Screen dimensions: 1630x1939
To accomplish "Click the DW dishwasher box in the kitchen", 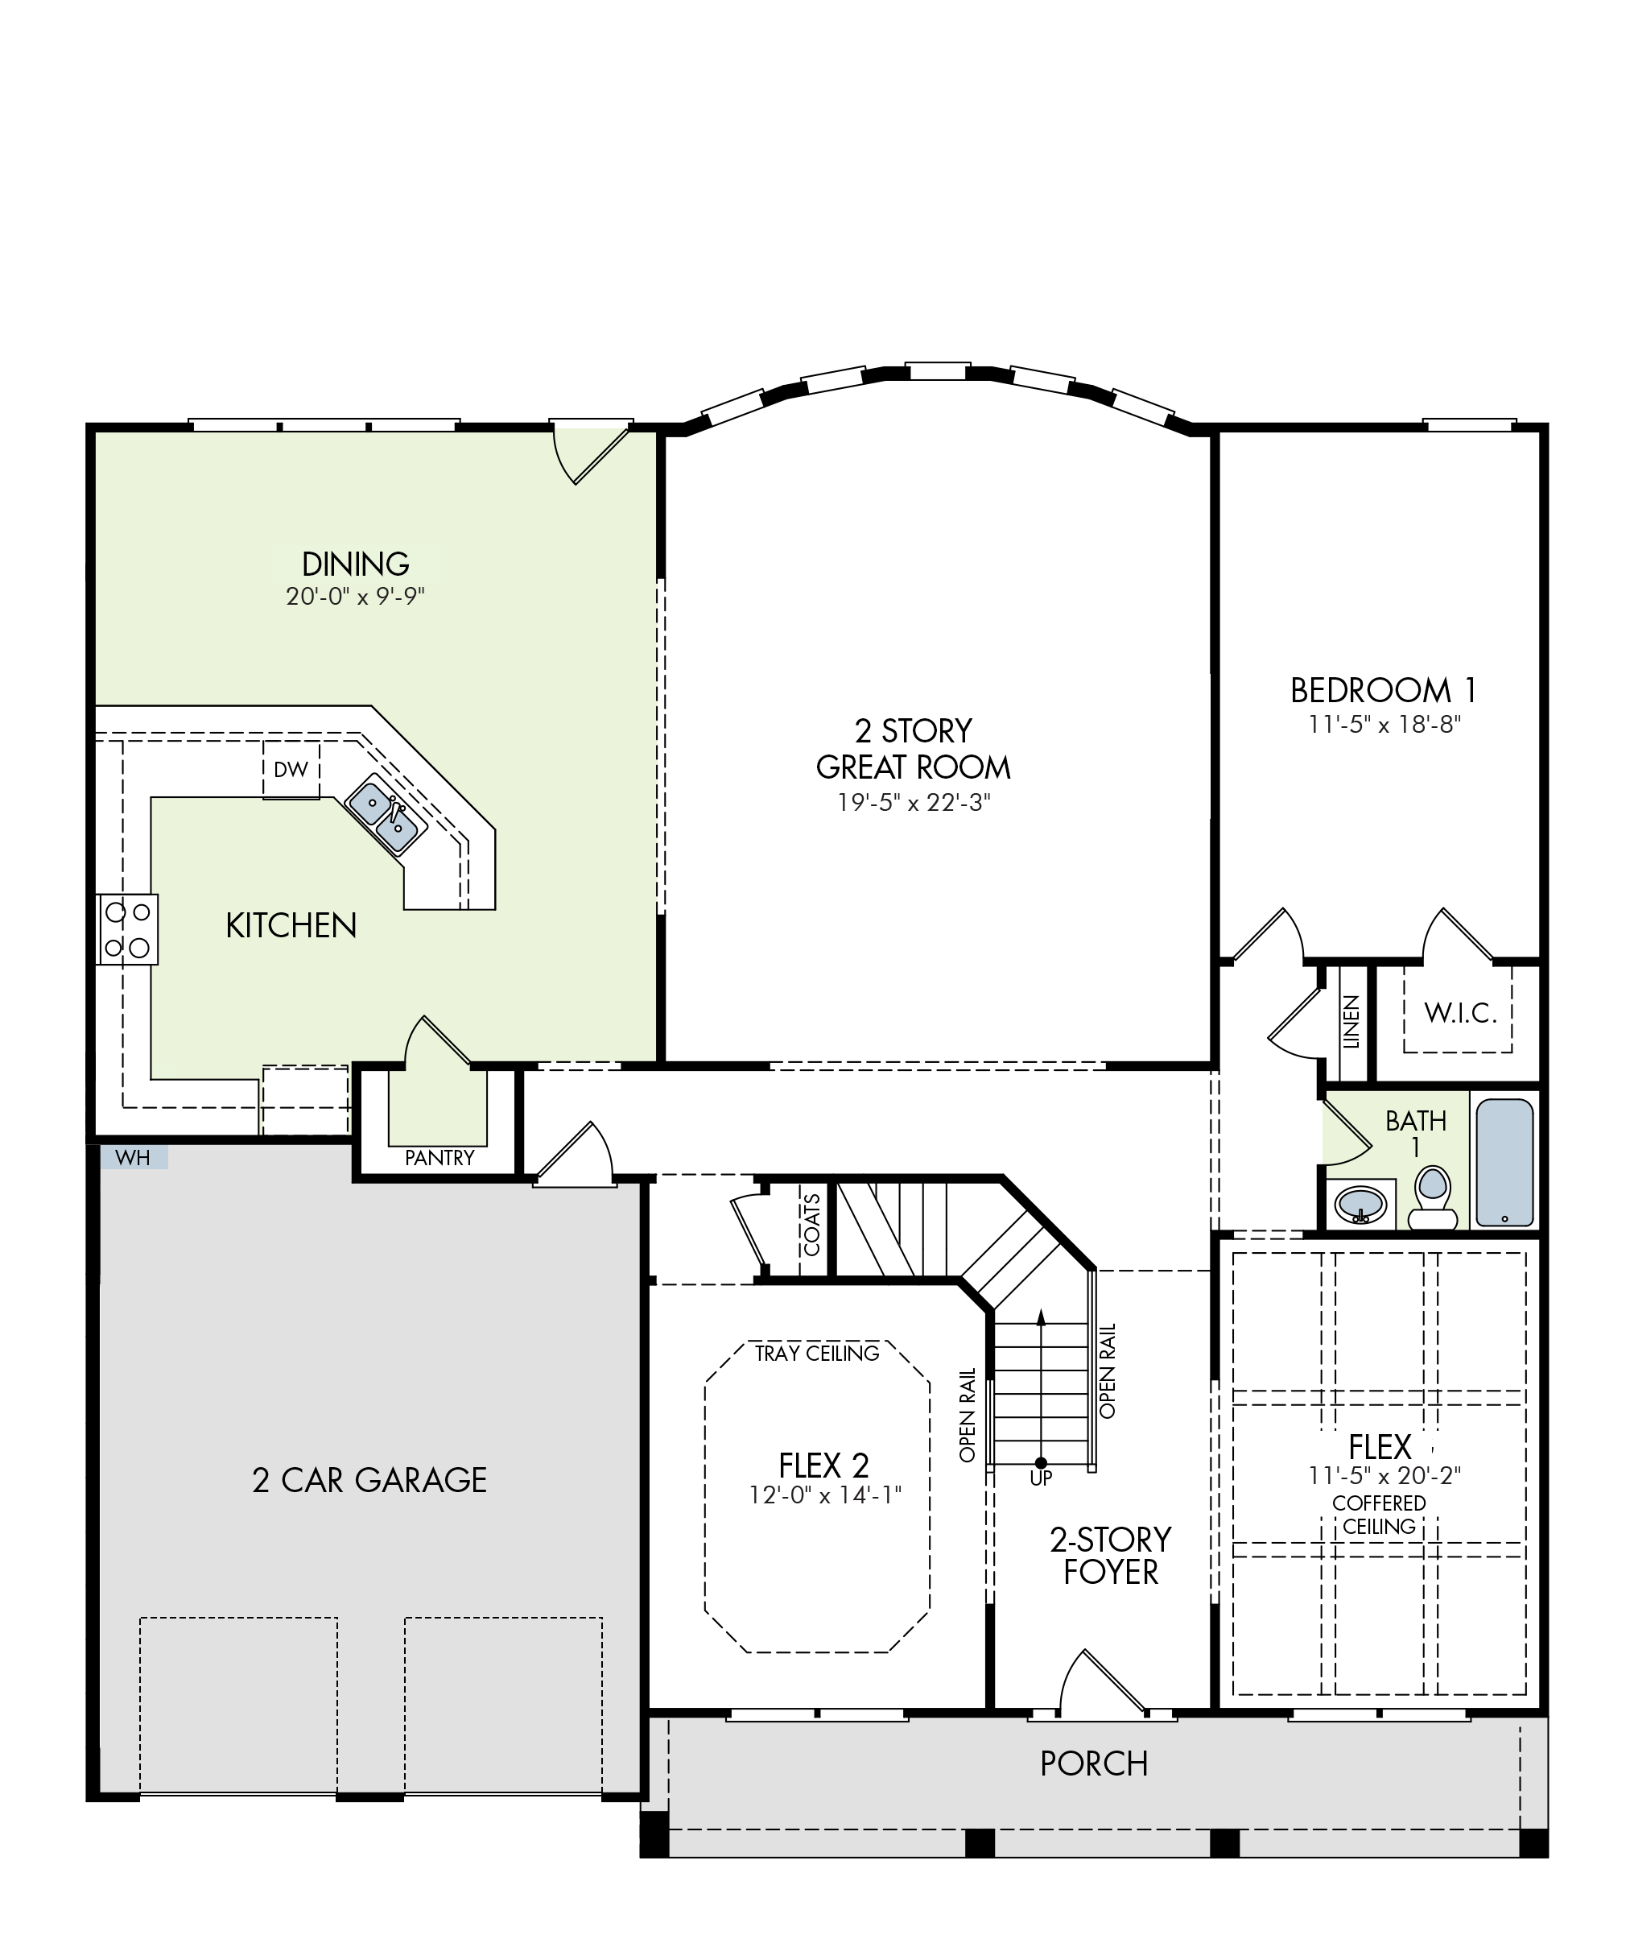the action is [291, 769].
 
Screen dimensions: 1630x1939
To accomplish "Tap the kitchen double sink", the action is [386, 816].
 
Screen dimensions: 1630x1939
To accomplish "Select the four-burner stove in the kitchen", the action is [127, 928].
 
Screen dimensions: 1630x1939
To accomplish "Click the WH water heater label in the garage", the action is [133, 1158].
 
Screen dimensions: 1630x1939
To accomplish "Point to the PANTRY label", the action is [439, 1157].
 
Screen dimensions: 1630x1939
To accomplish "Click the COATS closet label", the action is [812, 1226].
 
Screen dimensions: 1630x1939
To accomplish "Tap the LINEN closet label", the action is [1351, 1021].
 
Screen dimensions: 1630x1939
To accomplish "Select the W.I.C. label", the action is [1460, 1013].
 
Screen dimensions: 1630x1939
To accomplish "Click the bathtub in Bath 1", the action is [1504, 1163].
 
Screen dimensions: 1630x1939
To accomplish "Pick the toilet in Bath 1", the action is [1431, 1197].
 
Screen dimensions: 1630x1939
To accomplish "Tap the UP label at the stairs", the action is [1041, 1478].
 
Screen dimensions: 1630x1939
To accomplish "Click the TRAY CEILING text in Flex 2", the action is [817, 1353].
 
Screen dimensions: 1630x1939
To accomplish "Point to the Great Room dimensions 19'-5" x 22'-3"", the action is [913, 802].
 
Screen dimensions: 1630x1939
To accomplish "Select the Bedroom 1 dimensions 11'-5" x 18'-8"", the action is [1383, 724].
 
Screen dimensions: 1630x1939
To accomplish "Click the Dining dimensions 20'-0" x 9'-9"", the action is [355, 596].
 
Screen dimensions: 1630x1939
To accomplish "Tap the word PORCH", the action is [1094, 1763].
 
